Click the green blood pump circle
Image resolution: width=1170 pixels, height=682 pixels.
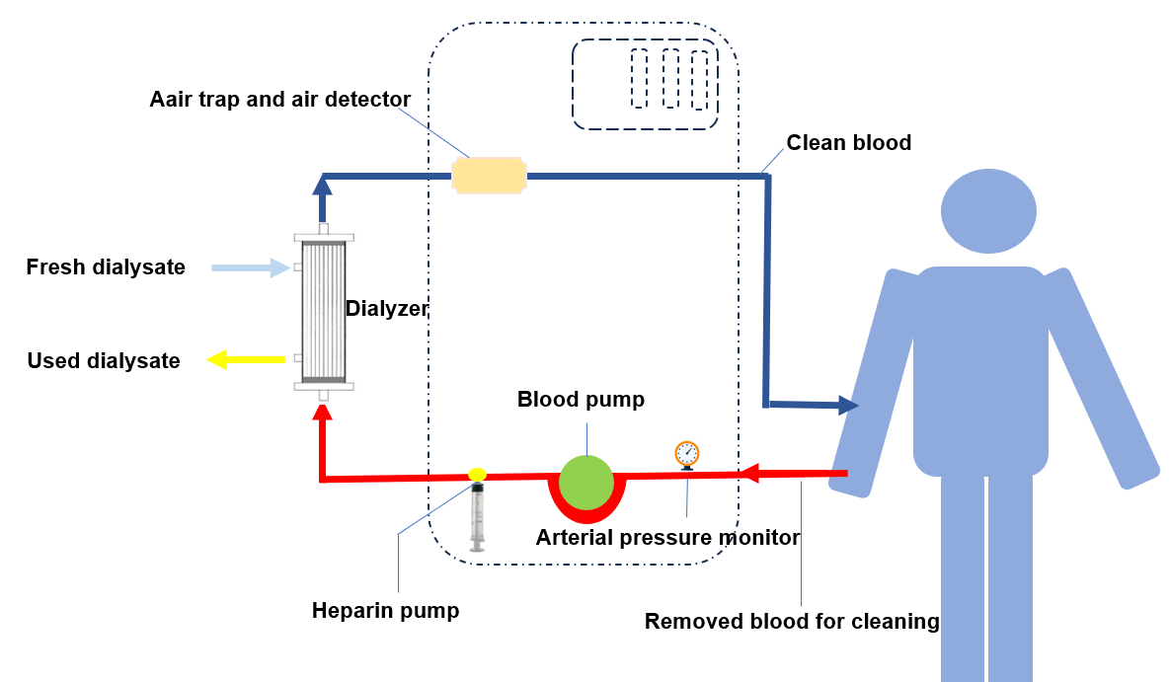click(586, 483)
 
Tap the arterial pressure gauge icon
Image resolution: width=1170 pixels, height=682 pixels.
click(687, 454)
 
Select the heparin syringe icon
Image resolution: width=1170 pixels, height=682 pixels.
click(479, 515)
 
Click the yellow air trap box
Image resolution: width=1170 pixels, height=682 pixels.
click(488, 176)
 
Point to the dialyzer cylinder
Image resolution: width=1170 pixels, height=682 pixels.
click(323, 311)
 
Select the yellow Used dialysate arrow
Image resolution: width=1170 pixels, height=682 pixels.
click(246, 359)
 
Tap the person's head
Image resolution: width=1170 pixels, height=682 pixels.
click(988, 211)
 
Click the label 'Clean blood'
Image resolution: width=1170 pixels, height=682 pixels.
click(848, 143)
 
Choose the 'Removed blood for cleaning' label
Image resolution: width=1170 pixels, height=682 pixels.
click(792, 622)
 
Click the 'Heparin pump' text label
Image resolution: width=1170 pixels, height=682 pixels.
click(385, 611)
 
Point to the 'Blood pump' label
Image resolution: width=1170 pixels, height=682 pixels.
click(581, 400)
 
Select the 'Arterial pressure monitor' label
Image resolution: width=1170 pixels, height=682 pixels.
click(667, 538)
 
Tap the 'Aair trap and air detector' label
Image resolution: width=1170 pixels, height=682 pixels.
click(279, 100)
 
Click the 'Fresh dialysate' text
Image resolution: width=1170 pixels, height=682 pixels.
click(106, 267)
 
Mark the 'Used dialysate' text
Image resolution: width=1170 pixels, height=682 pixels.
click(104, 361)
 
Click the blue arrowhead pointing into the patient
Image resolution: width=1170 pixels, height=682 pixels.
click(847, 405)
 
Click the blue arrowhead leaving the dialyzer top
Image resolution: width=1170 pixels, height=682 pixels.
click(322, 185)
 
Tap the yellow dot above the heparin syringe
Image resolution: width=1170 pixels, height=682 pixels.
click(477, 475)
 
